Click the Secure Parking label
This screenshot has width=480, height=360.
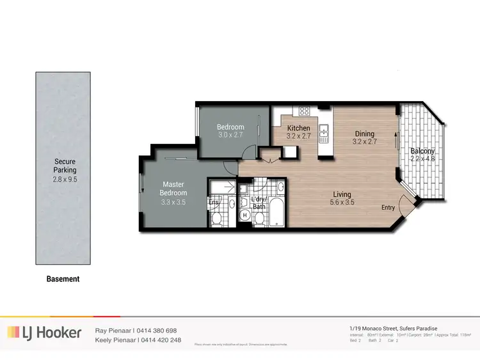[x=65, y=166]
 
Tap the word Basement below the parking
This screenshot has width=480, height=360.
[x=63, y=279]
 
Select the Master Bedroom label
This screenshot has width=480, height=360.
[x=174, y=189]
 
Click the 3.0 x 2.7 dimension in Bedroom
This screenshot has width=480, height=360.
[x=230, y=136]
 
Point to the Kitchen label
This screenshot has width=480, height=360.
[x=298, y=128]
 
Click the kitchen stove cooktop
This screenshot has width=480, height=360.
[x=305, y=111]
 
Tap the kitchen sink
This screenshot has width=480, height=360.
[x=324, y=133]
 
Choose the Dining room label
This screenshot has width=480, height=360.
[x=365, y=134]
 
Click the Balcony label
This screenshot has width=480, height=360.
[x=422, y=152]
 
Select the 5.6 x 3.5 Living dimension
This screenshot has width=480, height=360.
[x=344, y=203]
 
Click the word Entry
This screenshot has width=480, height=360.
[x=388, y=207]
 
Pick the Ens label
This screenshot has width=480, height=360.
[x=214, y=203]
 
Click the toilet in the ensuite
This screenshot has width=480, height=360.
[x=216, y=218]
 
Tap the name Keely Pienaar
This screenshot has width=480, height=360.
[x=116, y=340]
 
